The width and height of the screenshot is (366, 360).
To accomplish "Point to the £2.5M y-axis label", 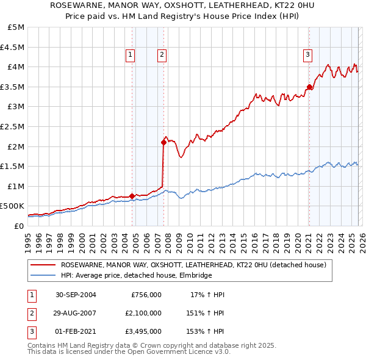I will [12, 126].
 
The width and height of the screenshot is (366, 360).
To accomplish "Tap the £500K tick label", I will [12, 206].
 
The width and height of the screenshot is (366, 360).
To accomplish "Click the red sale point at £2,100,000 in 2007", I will [163, 142].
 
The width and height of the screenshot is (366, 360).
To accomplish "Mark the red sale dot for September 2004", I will [132, 196].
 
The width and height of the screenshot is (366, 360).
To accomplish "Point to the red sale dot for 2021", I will [309, 87].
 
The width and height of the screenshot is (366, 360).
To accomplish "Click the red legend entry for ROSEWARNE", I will [194, 265].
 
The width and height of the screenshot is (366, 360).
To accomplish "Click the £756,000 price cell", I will [146, 295].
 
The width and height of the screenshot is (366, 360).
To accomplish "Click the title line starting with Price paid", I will [183, 16].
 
